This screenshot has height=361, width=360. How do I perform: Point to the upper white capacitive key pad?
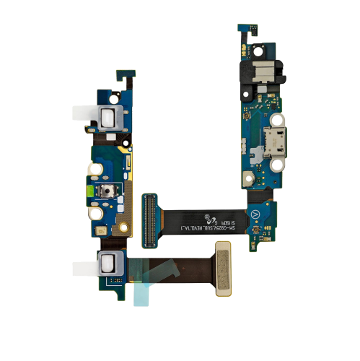click(106, 112)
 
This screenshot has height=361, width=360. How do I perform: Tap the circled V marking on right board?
click(254, 214)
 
